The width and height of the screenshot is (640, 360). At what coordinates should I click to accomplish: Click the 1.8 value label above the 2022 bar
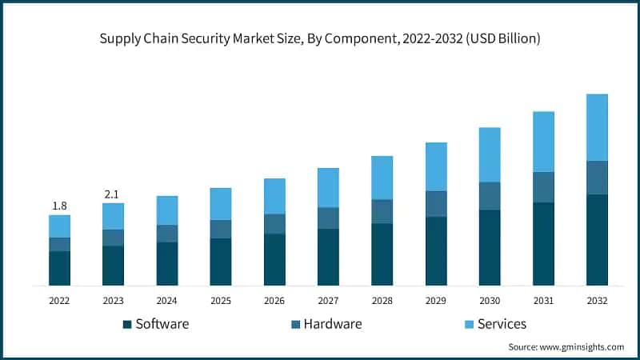[x=59, y=206]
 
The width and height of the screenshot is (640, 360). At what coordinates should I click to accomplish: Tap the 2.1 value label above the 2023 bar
[x=113, y=194]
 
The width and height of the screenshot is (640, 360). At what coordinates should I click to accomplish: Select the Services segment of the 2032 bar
[x=597, y=127]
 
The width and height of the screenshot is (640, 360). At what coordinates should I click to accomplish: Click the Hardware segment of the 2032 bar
[x=597, y=178]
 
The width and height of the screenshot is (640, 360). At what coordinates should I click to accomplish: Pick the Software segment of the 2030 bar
[x=490, y=247]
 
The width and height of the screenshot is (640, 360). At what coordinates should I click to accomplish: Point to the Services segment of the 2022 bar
[x=59, y=226]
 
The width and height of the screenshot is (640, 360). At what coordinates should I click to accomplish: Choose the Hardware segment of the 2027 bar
[x=328, y=218]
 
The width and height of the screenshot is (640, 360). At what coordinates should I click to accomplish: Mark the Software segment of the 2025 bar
[x=221, y=262]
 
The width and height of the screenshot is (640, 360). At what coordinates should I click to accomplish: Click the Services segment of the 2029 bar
[x=436, y=166]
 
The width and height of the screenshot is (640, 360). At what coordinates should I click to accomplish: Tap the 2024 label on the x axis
[x=167, y=301]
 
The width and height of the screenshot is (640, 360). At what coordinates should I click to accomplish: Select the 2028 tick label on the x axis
[x=382, y=301]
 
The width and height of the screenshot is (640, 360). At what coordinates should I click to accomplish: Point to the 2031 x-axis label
[x=543, y=301]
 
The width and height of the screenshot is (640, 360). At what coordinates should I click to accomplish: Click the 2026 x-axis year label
[x=274, y=301]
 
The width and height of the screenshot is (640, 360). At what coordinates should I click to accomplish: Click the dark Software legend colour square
[x=126, y=325]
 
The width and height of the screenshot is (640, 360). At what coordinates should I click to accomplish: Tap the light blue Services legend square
[x=468, y=325]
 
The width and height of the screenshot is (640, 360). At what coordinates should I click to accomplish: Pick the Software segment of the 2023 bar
[x=113, y=266]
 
